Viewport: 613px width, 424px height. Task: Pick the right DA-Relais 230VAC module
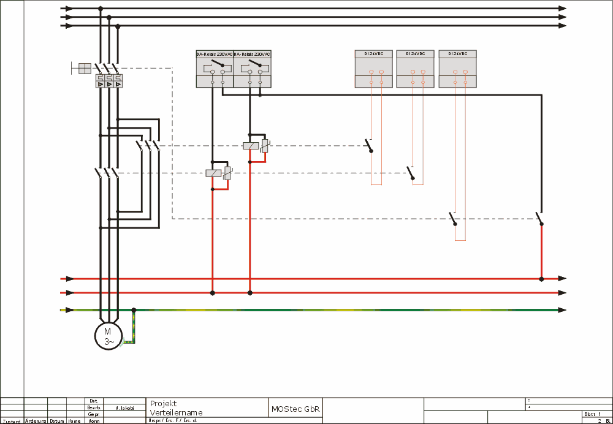(x=252, y=69)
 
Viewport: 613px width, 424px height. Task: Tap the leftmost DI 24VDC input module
(x=373, y=69)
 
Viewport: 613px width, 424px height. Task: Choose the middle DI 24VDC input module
(x=415, y=69)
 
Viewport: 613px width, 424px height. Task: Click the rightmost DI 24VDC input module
(x=457, y=69)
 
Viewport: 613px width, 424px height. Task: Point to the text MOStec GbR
(x=295, y=409)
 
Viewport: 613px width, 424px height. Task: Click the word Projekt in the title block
(x=163, y=403)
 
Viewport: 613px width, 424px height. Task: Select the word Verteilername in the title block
(x=176, y=412)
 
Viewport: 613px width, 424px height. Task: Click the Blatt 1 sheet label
(x=592, y=414)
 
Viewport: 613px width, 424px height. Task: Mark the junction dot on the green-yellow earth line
(x=134, y=310)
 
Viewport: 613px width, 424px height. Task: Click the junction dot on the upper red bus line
(x=541, y=279)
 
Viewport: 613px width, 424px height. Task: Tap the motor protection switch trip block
(x=109, y=81)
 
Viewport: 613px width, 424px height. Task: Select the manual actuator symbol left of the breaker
(x=82, y=67)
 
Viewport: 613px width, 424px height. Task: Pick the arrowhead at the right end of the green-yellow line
(x=562, y=310)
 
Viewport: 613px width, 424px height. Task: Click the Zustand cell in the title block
(x=11, y=421)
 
